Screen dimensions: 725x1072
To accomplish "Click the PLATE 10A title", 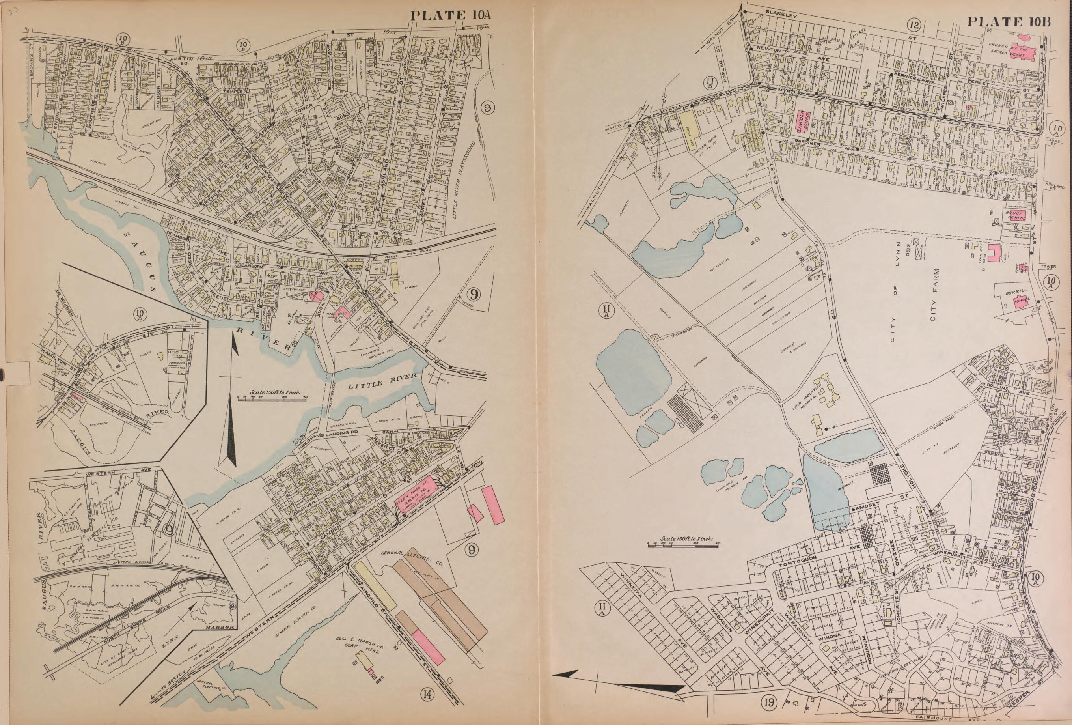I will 450,15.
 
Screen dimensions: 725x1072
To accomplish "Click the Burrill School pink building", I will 1021,301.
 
